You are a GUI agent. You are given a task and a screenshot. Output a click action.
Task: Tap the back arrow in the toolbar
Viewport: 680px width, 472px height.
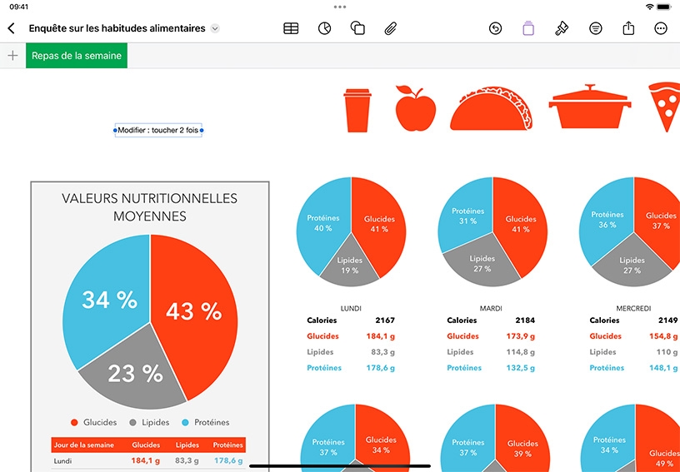[12, 28]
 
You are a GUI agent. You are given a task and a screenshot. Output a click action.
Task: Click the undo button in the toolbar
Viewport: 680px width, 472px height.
[495, 28]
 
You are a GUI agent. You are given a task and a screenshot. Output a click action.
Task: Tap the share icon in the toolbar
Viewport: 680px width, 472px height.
[628, 28]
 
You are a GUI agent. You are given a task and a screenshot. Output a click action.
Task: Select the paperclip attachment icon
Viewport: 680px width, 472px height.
[390, 28]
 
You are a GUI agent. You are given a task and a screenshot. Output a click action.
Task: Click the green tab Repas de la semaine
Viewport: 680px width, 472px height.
[77, 56]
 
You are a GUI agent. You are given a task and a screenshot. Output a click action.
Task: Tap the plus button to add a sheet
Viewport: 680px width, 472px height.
[13, 56]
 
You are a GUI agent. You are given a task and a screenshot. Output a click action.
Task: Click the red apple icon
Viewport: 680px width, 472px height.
[416, 108]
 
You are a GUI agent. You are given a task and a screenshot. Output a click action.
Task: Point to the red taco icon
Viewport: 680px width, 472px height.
[491, 108]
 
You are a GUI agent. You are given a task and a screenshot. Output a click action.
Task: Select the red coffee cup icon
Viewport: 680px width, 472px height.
[357, 110]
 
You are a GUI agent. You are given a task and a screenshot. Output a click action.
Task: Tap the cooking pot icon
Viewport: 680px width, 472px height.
[590, 107]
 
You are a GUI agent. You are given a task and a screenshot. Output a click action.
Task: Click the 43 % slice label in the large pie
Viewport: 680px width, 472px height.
[193, 311]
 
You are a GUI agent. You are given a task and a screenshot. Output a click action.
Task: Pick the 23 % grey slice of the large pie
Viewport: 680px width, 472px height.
[135, 373]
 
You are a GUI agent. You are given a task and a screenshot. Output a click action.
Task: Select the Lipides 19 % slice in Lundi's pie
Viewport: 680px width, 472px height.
[349, 266]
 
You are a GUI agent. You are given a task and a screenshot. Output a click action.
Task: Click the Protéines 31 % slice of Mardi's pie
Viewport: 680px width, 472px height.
[464, 216]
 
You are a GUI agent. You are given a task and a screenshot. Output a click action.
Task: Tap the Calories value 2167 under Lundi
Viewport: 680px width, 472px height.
[385, 320]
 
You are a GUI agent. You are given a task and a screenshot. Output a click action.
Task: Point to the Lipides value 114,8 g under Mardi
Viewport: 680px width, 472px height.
[520, 352]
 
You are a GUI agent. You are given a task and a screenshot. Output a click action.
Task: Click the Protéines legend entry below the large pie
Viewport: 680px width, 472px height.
[206, 422]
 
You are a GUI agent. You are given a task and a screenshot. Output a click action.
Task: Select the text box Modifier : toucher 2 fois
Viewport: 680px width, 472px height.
[158, 130]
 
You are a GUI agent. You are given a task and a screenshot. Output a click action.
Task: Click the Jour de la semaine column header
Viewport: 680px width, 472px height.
[83, 445]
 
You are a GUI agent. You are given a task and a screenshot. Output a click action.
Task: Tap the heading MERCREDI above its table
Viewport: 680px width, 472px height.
[633, 309]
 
